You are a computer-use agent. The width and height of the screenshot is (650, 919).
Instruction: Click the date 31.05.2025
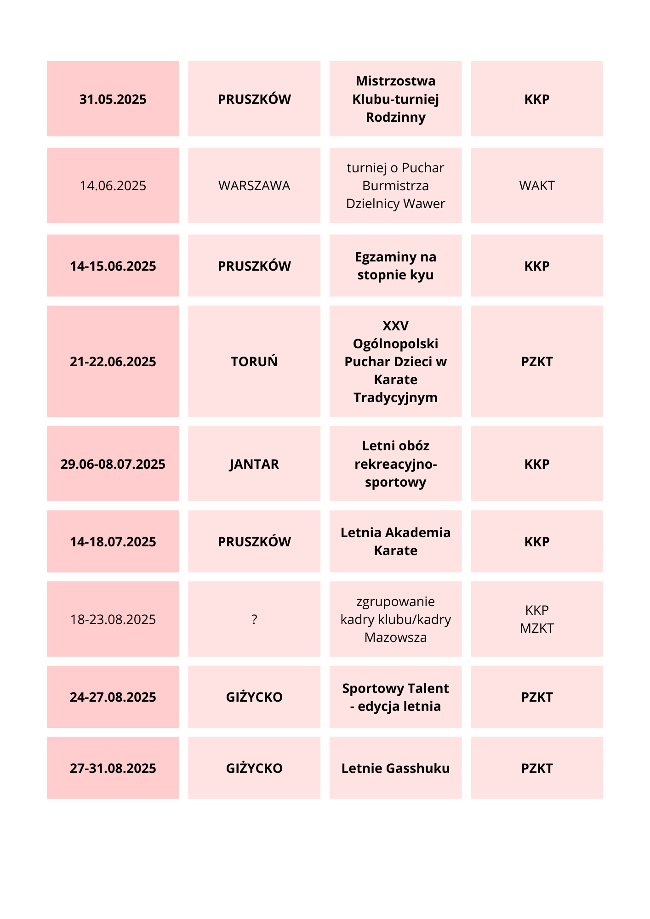[113, 99]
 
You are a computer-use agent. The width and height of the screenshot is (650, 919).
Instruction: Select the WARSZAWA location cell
[254, 186]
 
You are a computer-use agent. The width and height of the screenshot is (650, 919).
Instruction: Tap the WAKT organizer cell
[536, 186]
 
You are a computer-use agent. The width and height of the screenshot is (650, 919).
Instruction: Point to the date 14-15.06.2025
[113, 266]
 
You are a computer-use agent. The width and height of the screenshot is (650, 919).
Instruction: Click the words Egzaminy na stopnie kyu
[395, 266]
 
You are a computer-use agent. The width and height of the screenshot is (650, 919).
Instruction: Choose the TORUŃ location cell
[254, 362]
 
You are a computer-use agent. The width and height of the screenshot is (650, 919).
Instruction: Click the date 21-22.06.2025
[113, 362]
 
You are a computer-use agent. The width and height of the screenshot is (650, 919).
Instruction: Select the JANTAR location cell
[254, 464]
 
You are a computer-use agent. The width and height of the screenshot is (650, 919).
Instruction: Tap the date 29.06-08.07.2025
[113, 464]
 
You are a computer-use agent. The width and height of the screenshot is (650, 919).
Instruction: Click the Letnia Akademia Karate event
[395, 541]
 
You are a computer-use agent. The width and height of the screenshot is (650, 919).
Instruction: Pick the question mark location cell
[254, 619]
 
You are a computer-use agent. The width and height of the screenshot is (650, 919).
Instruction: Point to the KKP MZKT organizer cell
[536, 619]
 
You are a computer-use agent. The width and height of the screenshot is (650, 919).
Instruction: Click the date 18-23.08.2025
[113, 619]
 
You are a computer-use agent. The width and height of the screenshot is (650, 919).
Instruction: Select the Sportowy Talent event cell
[395, 697]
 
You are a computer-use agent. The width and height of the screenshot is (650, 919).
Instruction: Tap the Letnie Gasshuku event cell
[395, 768]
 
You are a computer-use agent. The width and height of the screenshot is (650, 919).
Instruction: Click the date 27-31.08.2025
[113, 768]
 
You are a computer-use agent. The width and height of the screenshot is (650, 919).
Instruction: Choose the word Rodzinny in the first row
[395, 117]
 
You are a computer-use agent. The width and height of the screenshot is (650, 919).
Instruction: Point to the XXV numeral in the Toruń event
[395, 326]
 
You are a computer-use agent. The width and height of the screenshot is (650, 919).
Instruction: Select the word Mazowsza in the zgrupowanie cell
[395, 637]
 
